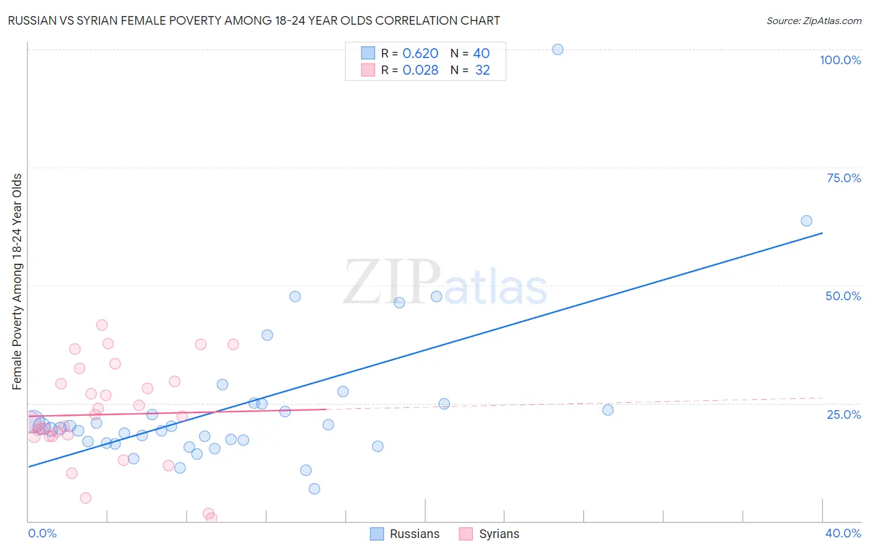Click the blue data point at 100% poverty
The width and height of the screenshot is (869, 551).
click(557, 49)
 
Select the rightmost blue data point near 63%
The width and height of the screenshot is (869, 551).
click(806, 221)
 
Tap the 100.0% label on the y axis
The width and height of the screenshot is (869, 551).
click(840, 60)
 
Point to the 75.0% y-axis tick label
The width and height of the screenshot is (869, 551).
click(844, 178)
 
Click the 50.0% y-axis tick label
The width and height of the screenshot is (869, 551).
click(843, 296)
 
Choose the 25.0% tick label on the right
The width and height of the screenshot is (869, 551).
click(844, 414)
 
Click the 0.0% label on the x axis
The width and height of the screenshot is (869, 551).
click(42, 533)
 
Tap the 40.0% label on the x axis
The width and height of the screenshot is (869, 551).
click(843, 533)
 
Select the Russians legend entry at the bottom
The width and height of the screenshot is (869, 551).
click(405, 534)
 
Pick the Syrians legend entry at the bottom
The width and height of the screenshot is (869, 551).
click(490, 534)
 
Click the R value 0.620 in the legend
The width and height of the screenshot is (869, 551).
click(420, 54)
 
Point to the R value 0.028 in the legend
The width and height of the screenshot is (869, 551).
click(420, 70)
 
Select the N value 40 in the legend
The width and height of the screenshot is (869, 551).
click(481, 54)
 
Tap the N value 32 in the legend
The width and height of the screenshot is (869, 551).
click(482, 70)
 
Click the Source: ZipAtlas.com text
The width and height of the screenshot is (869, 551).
click(813, 21)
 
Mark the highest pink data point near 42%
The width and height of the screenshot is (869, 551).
click(102, 325)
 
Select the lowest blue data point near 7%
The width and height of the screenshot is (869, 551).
click(314, 489)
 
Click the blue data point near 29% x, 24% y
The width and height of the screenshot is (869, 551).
click(608, 410)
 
